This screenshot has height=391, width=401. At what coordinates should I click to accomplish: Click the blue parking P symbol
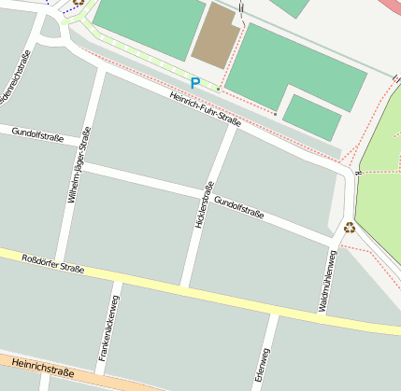click(x=194, y=83)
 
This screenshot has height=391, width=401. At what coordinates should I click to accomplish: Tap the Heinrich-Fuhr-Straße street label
click(x=206, y=110)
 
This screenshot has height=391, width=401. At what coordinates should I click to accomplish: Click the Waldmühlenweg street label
click(x=330, y=280)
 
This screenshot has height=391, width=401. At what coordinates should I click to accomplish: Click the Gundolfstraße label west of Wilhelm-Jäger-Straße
click(x=37, y=135)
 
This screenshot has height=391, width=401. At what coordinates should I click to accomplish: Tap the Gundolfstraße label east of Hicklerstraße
click(x=239, y=208)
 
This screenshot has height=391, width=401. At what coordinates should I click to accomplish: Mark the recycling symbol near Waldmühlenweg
click(x=349, y=227)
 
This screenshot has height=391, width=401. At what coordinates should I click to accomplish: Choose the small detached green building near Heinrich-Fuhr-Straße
click(x=311, y=118)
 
